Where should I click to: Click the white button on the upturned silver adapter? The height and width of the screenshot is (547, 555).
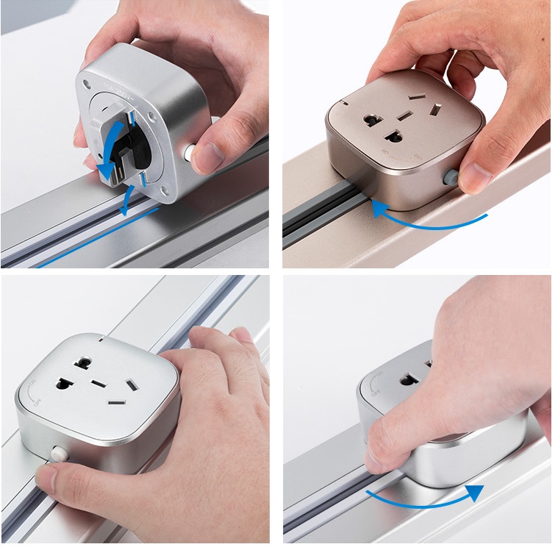tap(190, 152)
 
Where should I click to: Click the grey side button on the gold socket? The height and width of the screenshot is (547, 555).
tap(449, 177)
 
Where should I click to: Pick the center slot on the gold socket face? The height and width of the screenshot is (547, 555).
tap(404, 115)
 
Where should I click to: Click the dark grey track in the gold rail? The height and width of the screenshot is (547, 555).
tap(316, 213)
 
